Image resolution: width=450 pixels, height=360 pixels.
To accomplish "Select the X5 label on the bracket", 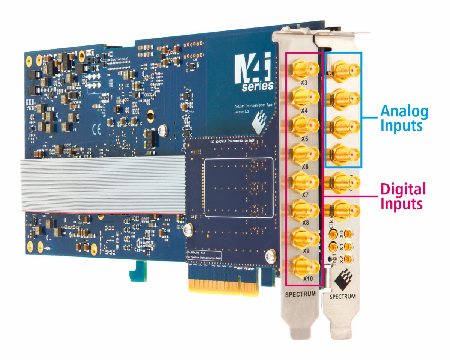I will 305,139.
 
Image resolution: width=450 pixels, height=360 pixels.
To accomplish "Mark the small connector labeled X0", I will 349,235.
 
